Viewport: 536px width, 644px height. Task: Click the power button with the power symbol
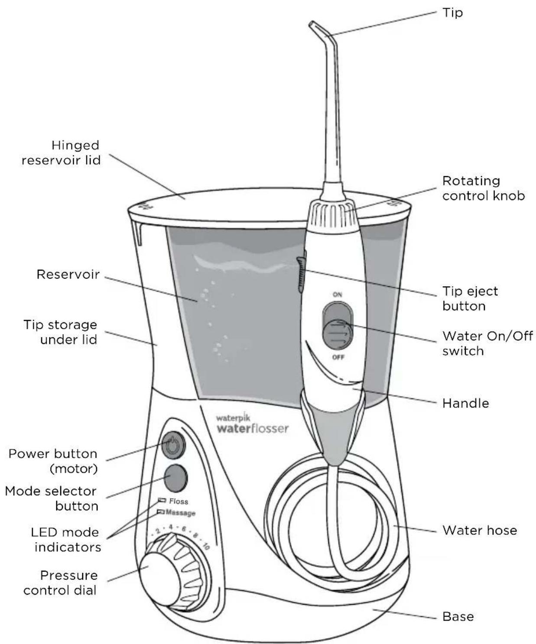pyautogui.click(x=173, y=445)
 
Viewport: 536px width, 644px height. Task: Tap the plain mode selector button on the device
pyautogui.click(x=175, y=478)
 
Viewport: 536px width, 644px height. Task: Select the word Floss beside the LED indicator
pyautogui.click(x=179, y=501)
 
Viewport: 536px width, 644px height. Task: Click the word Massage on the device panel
pyautogui.click(x=181, y=513)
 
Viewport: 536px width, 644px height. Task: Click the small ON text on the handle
pyautogui.click(x=337, y=294)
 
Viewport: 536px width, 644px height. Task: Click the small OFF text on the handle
pyautogui.click(x=338, y=357)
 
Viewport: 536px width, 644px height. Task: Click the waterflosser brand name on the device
pyautogui.click(x=252, y=429)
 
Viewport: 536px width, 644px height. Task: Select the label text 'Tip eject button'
pyautogui.click(x=470, y=298)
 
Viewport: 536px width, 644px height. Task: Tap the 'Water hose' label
pyautogui.click(x=479, y=531)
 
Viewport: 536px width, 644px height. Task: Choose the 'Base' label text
pyautogui.click(x=458, y=616)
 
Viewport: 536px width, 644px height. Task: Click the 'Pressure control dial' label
pyautogui.click(x=61, y=583)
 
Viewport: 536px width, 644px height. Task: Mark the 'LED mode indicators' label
pyautogui.click(x=66, y=539)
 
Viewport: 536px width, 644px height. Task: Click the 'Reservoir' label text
pyautogui.click(x=68, y=274)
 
